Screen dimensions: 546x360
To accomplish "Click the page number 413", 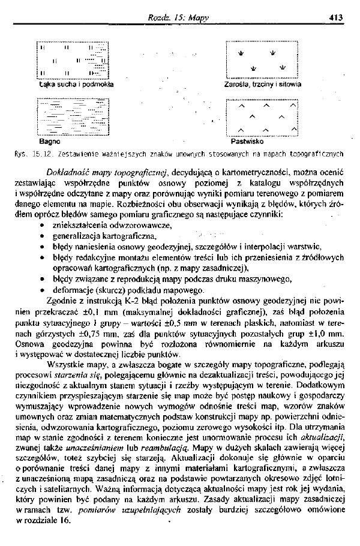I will pos(335,18).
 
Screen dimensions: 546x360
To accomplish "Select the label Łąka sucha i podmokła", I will pos(76,85).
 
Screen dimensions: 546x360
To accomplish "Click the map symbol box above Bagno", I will pos(73,118).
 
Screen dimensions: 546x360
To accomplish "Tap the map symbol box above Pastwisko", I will pos(262,118).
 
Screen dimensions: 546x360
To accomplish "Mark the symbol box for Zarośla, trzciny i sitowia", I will pos(262,59).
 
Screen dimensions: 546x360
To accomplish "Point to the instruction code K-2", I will pos(107,300).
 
